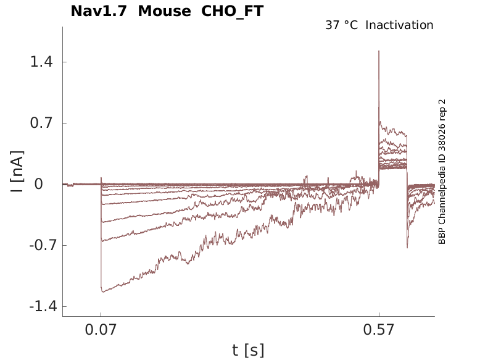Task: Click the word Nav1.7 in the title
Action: click(99, 11)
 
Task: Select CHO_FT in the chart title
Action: click(232, 11)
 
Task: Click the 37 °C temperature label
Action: click(341, 25)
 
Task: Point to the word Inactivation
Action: click(399, 25)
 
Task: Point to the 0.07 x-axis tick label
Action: click(101, 330)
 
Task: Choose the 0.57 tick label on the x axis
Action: click(379, 330)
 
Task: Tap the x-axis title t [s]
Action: click(248, 350)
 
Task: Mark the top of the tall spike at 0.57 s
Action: click(379, 51)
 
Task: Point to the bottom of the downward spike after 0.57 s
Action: click(407, 248)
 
